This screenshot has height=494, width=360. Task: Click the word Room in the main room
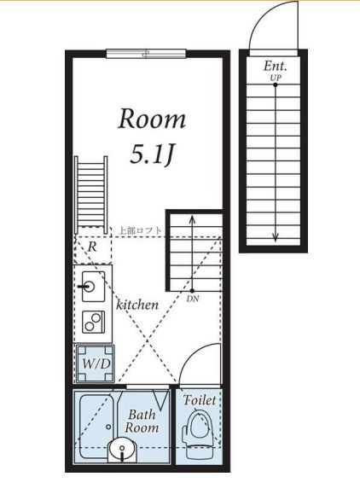(x=152, y=119)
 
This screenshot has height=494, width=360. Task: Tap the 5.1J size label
(x=152, y=155)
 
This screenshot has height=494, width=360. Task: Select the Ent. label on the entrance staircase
(x=276, y=67)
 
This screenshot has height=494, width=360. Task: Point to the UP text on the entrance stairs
(x=276, y=78)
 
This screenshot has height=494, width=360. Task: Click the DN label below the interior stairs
(x=193, y=299)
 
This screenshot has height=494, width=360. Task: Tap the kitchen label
(x=137, y=305)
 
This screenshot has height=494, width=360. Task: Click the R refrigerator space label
(x=92, y=247)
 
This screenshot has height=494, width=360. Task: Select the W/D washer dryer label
(x=96, y=363)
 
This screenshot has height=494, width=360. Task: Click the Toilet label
(x=200, y=400)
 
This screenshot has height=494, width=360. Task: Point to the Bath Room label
(x=142, y=421)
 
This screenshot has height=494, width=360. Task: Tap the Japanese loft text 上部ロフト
(x=140, y=230)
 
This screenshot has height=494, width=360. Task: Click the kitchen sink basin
(x=93, y=287)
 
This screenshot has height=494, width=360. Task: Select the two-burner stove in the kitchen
(x=94, y=322)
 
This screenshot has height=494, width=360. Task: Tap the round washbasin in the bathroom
(x=123, y=450)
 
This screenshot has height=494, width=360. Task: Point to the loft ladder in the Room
(x=91, y=191)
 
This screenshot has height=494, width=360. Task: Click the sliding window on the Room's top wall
(x=146, y=54)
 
